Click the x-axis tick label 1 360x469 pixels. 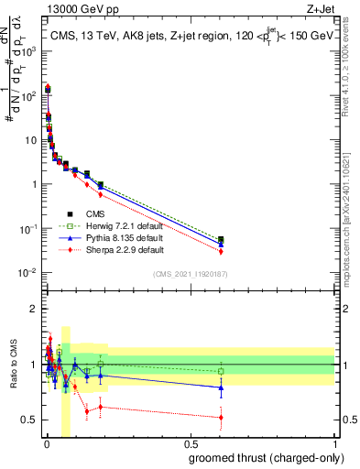point(336,444)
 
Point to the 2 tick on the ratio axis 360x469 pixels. point(33,309)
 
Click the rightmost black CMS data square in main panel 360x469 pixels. point(221,240)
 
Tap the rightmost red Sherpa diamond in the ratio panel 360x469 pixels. point(221,418)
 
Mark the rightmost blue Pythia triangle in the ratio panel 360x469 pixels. point(221,387)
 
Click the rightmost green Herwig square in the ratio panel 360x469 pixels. point(221,371)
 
